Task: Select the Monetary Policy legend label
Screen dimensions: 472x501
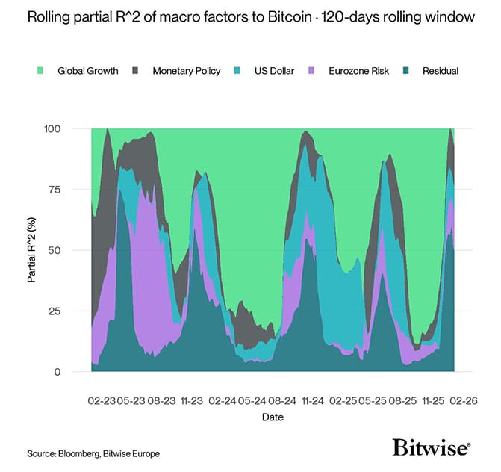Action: click(187, 71)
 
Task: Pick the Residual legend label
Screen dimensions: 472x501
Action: click(440, 71)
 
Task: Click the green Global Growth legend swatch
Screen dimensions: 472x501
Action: click(40, 71)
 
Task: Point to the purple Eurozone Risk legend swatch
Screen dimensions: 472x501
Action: click(314, 71)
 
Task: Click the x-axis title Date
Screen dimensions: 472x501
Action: click(272, 417)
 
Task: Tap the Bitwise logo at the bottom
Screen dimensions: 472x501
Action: click(432, 447)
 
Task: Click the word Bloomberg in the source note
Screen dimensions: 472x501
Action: click(77, 453)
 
